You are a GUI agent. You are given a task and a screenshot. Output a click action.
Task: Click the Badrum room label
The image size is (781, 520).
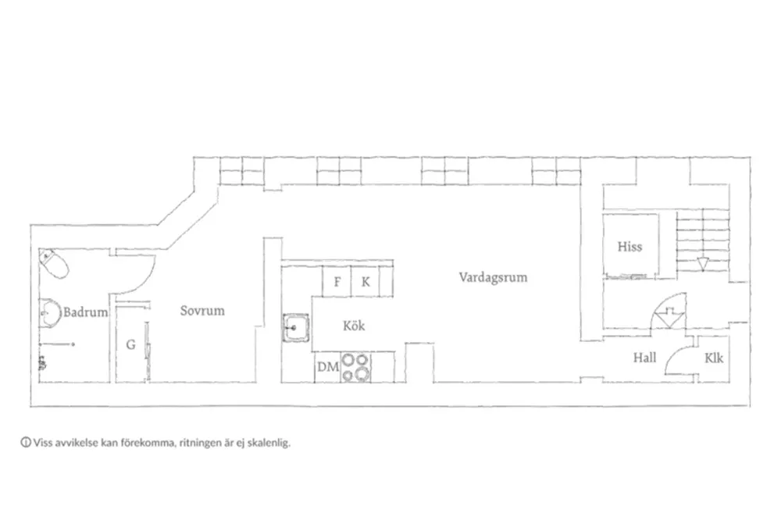[85, 312]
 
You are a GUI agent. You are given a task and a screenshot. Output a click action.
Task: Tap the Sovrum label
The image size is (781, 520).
[202, 311]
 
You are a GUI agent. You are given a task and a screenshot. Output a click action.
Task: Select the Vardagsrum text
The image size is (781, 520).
[493, 277]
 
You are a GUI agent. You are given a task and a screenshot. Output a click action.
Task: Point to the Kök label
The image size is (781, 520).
[354, 326]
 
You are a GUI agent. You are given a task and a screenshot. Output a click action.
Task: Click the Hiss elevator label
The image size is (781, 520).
[629, 247]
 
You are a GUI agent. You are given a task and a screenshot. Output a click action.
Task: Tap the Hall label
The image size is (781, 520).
[644, 358]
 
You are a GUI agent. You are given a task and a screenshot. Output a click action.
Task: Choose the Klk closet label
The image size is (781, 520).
[714, 358]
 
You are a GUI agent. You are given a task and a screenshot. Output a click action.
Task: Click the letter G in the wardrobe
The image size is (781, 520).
[130, 344]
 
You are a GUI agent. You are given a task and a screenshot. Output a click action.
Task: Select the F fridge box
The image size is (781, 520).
[337, 281]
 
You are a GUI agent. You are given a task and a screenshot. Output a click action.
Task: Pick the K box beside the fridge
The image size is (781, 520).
[365, 281]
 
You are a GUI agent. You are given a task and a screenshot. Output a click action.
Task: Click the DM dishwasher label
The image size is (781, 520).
[328, 367]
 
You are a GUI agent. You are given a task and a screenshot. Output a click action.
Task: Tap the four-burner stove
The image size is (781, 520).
[355, 367]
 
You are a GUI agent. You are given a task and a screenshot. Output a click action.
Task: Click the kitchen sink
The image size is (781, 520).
[296, 327]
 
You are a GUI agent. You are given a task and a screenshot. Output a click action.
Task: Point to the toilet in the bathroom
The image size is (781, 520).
[54, 263]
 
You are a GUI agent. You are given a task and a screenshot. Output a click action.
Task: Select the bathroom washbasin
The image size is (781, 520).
[49, 313]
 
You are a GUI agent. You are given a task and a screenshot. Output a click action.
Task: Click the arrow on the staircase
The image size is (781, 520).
[702, 263]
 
